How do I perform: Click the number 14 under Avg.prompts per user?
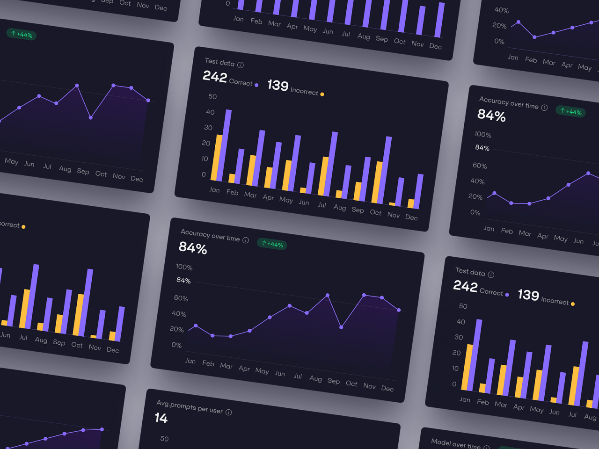(x=161, y=418)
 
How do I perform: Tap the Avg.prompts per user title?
(x=190, y=407)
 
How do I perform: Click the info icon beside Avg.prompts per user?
(x=229, y=412)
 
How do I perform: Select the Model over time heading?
(x=455, y=443)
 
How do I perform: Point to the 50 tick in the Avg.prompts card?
(x=164, y=439)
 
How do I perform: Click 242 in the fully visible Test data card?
(x=215, y=77)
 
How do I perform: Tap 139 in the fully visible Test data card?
(x=278, y=85)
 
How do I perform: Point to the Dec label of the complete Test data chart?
(x=411, y=217)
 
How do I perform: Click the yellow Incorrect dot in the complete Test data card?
(x=322, y=94)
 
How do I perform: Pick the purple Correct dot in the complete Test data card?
(x=256, y=85)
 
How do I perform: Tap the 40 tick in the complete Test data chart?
(x=210, y=112)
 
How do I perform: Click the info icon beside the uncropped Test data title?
(x=241, y=65)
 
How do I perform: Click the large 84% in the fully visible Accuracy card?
(x=193, y=247)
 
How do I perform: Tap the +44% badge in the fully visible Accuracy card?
(x=272, y=244)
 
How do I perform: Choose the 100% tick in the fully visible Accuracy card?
(x=184, y=267)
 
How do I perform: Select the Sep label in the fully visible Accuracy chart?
(x=334, y=381)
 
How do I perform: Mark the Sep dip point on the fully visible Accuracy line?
(x=341, y=327)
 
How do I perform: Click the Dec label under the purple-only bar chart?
(x=435, y=46)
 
